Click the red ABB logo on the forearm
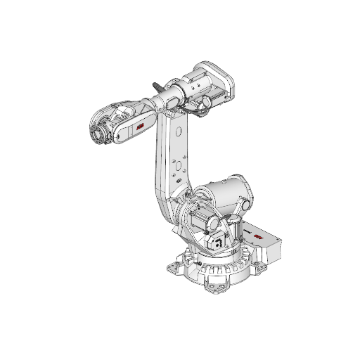(139, 126)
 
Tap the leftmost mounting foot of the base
(171, 267)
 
